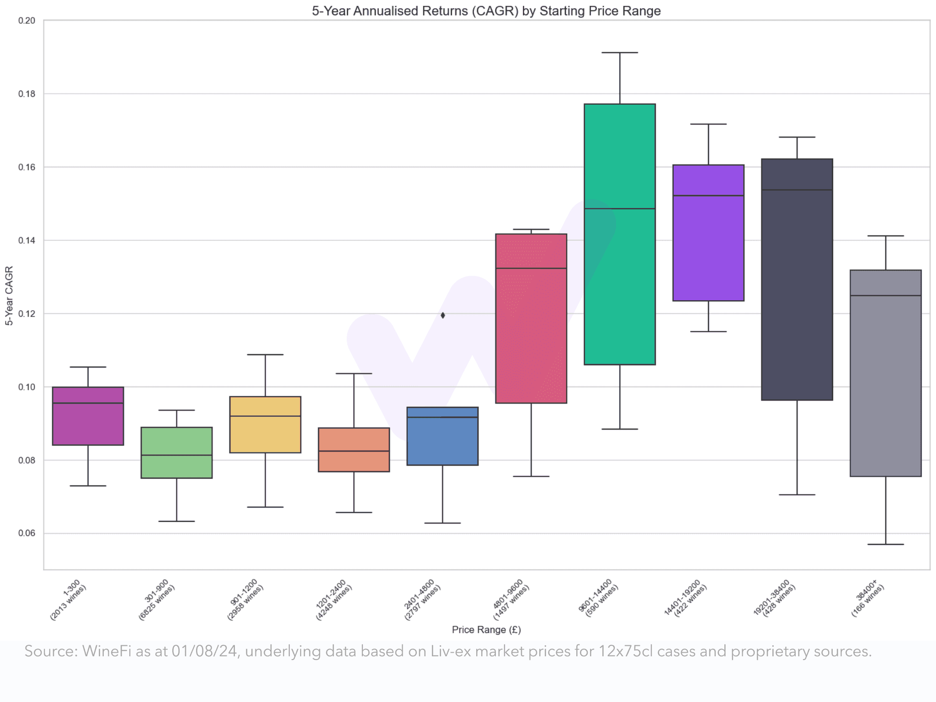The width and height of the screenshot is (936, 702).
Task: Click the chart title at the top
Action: pos(486,11)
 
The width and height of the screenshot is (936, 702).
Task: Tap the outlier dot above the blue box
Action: pos(442,315)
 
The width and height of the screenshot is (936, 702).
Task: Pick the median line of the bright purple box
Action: pos(708,196)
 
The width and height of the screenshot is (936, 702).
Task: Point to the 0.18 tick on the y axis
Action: pos(27,94)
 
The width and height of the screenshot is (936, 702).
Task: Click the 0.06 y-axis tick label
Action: pos(27,533)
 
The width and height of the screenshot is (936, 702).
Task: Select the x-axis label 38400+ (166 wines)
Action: pos(867,599)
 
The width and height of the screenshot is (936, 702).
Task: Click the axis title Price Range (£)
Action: pos(486,630)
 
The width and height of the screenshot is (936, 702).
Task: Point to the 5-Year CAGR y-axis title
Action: pos(9,296)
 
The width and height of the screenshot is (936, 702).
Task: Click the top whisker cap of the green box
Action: pos(619,53)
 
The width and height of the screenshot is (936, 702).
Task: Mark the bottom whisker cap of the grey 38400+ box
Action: pos(885,544)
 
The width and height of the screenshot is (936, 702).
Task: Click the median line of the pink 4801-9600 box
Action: pos(531,268)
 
